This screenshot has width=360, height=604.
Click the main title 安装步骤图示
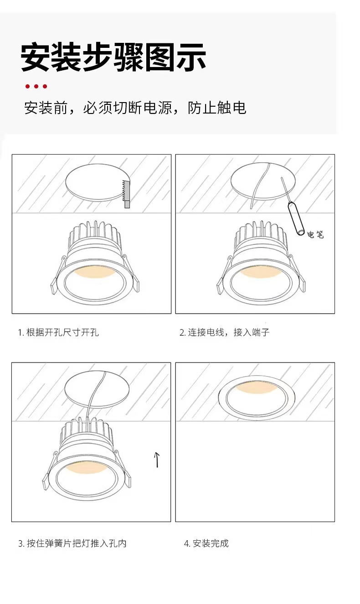(x=113, y=57)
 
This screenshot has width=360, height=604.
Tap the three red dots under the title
(x=36, y=86)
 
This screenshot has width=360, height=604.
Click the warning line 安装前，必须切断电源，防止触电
(x=135, y=108)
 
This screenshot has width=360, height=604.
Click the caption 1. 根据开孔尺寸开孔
(x=58, y=332)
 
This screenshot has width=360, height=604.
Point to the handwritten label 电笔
(x=315, y=234)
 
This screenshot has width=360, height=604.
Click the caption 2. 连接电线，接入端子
(x=224, y=332)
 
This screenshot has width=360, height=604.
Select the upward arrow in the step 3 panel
(x=157, y=460)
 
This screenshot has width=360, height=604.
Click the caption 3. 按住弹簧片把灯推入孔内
(x=72, y=543)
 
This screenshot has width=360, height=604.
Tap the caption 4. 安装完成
(x=206, y=543)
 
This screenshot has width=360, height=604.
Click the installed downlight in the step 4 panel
(x=257, y=398)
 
